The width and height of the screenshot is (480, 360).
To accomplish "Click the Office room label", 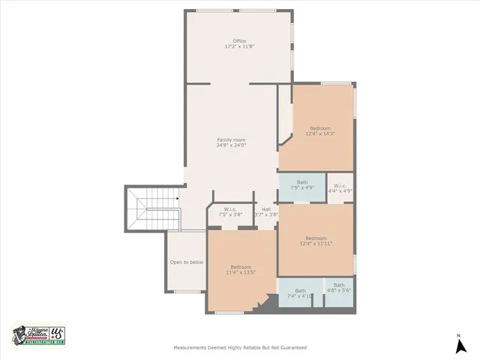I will pyautogui.click(x=239, y=40).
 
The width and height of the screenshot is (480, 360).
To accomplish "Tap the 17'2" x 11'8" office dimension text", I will pyautogui.click(x=239, y=46).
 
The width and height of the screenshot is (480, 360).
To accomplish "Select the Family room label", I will pyautogui.click(x=231, y=140).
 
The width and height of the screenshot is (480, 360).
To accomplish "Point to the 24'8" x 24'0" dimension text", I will pyautogui.click(x=231, y=146).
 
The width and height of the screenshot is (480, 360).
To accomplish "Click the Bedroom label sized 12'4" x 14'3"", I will pyautogui.click(x=320, y=128).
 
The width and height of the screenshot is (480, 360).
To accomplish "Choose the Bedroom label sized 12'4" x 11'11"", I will pyautogui.click(x=315, y=238).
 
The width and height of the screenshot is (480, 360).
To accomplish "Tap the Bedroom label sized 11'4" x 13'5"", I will pyautogui.click(x=241, y=268).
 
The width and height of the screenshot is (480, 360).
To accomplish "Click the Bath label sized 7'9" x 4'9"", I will pyautogui.click(x=302, y=182).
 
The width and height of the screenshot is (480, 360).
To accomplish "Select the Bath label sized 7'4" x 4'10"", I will pyautogui.click(x=300, y=291).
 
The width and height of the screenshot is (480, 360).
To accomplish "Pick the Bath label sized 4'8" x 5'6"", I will pyautogui.click(x=339, y=285).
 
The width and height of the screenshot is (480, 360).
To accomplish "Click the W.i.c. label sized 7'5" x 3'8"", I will pyautogui.click(x=230, y=209).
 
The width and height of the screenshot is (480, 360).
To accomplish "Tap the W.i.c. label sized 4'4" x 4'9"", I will pyautogui.click(x=340, y=185).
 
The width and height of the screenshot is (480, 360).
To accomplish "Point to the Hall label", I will pyautogui.click(x=266, y=209).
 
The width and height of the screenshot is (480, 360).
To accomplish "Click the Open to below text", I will pyautogui.click(x=186, y=262).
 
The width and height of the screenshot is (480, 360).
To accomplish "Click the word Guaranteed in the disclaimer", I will pyautogui.click(x=291, y=348).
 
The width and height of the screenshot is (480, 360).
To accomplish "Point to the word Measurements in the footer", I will pyautogui.click(x=191, y=348).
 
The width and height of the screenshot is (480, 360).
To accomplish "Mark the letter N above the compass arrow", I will pyautogui.click(x=459, y=334).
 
